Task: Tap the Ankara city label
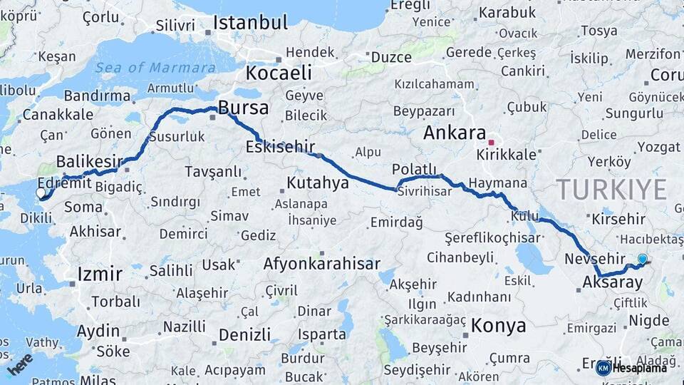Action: tap(454, 133)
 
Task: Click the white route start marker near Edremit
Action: tap(41, 192)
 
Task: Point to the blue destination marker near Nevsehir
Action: tap(643, 260)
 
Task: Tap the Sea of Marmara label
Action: tap(155, 68)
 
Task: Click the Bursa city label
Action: tap(243, 108)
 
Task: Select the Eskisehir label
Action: tap(279, 147)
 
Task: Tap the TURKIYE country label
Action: tap(611, 189)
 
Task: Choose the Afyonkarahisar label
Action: tap(321, 264)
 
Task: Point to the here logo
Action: tap(20, 364)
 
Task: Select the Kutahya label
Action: tap(317, 183)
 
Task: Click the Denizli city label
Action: tap(244, 335)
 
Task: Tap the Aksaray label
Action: tap(612, 282)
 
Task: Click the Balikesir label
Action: tap(89, 160)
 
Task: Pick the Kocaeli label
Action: tap(279, 73)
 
